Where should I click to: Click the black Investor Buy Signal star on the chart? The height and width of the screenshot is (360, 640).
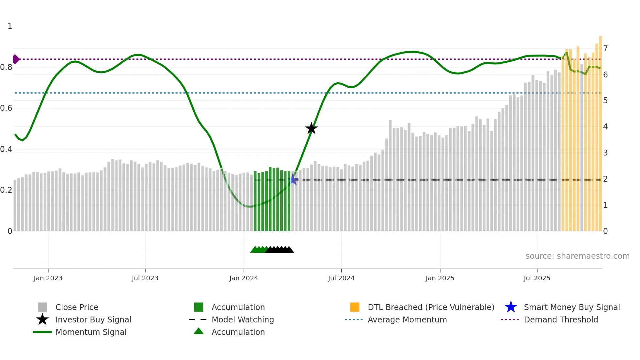click(311, 128)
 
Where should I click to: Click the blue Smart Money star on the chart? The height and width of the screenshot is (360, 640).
click(294, 179)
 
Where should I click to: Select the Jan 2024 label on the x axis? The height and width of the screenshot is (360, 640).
click(244, 278)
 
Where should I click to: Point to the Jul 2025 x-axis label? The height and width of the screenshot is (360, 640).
click(537, 278)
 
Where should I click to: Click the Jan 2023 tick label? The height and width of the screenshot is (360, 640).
click(48, 278)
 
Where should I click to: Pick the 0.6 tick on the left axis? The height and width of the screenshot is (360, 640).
click(6, 108)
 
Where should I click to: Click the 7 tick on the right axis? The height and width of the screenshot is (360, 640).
click(605, 49)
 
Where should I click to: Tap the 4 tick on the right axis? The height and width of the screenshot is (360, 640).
click(605, 127)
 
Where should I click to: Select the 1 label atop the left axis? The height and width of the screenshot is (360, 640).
click(10, 26)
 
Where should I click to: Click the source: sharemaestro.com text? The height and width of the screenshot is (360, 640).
click(577, 256)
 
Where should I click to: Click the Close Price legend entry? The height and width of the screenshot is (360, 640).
click(77, 307)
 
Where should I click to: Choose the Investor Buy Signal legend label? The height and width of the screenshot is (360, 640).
click(93, 319)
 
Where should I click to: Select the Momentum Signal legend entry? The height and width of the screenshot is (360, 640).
click(91, 332)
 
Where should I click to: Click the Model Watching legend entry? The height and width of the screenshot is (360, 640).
click(243, 319)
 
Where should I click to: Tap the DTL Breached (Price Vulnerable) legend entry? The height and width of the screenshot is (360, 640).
click(431, 307)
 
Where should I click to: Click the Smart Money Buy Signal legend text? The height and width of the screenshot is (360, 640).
click(572, 307)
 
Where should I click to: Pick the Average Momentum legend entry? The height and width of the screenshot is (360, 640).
click(407, 319)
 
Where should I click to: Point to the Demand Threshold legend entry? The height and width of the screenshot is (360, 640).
click(561, 319)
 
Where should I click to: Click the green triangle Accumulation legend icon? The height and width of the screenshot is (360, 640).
click(199, 331)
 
